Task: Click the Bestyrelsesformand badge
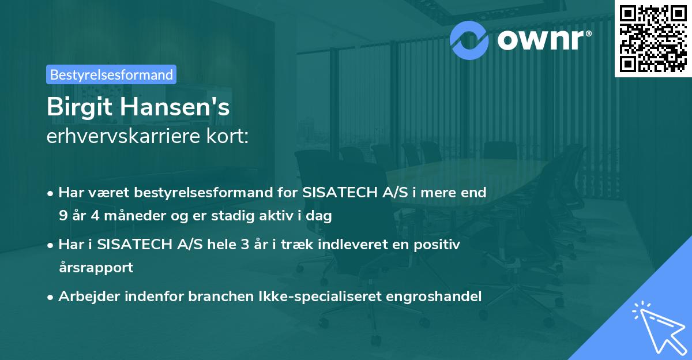tap(111, 74)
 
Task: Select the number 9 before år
tap(62, 216)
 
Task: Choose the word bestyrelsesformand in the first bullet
tap(202, 192)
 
